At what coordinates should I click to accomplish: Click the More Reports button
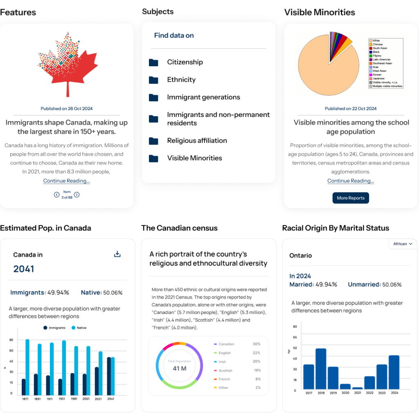pyautogui.click(x=351, y=198)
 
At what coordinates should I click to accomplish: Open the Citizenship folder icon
pyautogui.click(x=153, y=63)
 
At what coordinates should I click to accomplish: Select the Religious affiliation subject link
pyautogui.click(x=197, y=140)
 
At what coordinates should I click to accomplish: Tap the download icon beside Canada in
pyautogui.click(x=117, y=255)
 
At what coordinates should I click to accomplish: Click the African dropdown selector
pyautogui.click(x=403, y=244)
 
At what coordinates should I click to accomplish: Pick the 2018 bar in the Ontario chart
pyautogui.click(x=321, y=368)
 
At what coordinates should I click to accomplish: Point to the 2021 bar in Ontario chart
pyautogui.click(x=358, y=388)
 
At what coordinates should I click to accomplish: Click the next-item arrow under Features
pyautogui.click(x=77, y=195)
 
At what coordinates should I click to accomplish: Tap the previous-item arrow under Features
pyautogui.click(x=56, y=195)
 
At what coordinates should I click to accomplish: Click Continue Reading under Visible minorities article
pyautogui.click(x=351, y=181)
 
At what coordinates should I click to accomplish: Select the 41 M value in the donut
pyautogui.click(x=179, y=368)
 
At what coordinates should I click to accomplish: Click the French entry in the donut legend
pyautogui.click(x=224, y=379)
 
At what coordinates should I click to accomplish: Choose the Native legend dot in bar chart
pyautogui.click(x=74, y=328)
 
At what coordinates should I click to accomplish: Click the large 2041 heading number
pyautogui.click(x=24, y=269)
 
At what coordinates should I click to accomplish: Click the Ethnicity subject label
pyautogui.click(x=181, y=80)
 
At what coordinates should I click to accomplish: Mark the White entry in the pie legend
pyautogui.click(x=376, y=41)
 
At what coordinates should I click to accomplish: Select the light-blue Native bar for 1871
pyautogui.click(x=27, y=367)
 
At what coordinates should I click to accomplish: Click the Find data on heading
pyautogui.click(x=174, y=36)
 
